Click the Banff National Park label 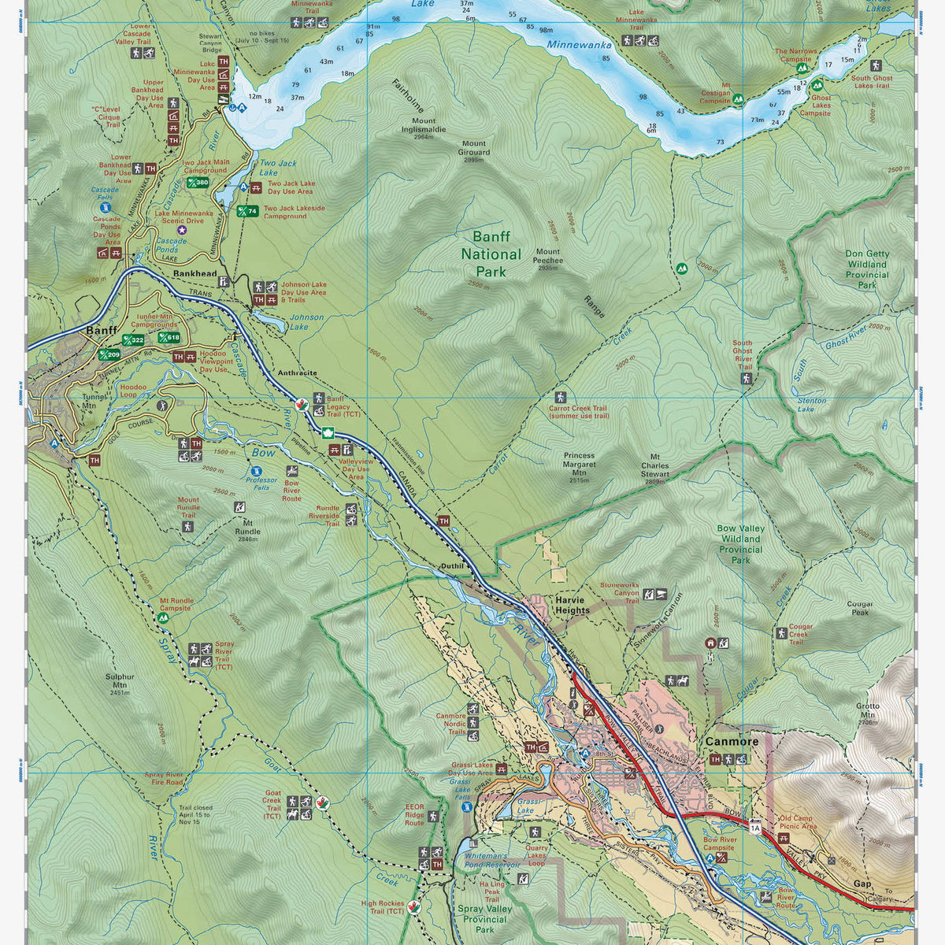pyautogui.click(x=491, y=254)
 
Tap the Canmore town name pyautogui.click(x=732, y=741)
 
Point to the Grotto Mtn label pyautogui.click(x=867, y=710)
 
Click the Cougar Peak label pyautogui.click(x=859, y=608)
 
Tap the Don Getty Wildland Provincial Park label pyautogui.click(x=867, y=269)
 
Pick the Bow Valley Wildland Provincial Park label pyautogui.click(x=740, y=544)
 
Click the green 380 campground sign pyautogui.click(x=198, y=183)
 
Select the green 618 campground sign pyautogui.click(x=169, y=337)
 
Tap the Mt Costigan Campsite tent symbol pyautogui.click(x=739, y=99)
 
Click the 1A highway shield pyautogui.click(x=755, y=827)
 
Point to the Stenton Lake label pyautogui.click(x=812, y=405)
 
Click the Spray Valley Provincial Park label pyautogui.click(x=484, y=919)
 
